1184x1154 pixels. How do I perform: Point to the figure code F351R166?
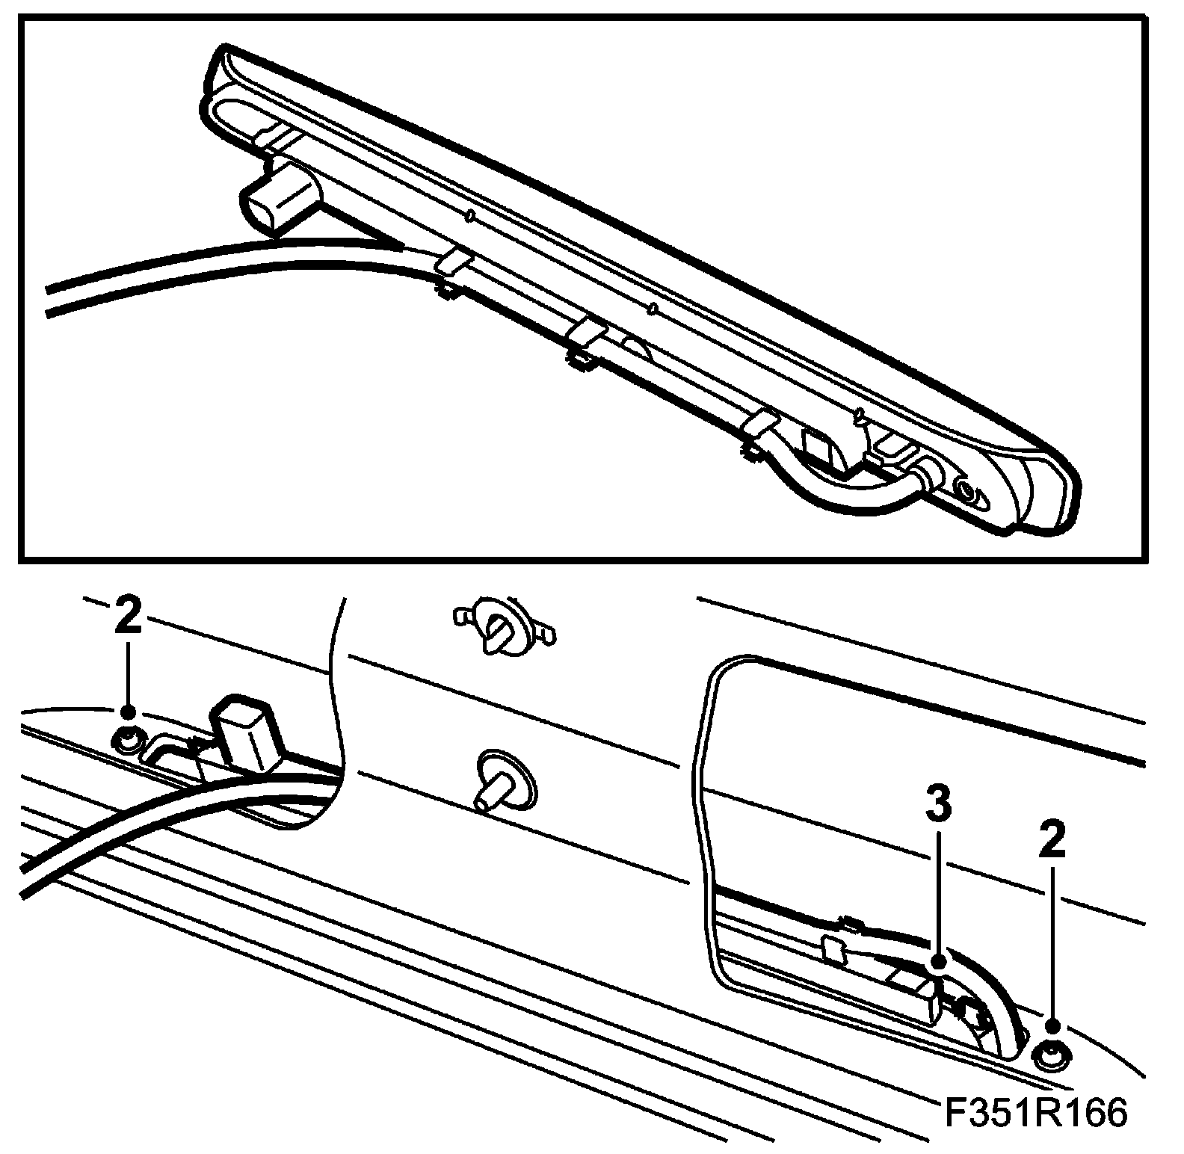click(x=1036, y=1113)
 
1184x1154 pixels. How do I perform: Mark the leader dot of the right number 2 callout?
click(x=1052, y=1027)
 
